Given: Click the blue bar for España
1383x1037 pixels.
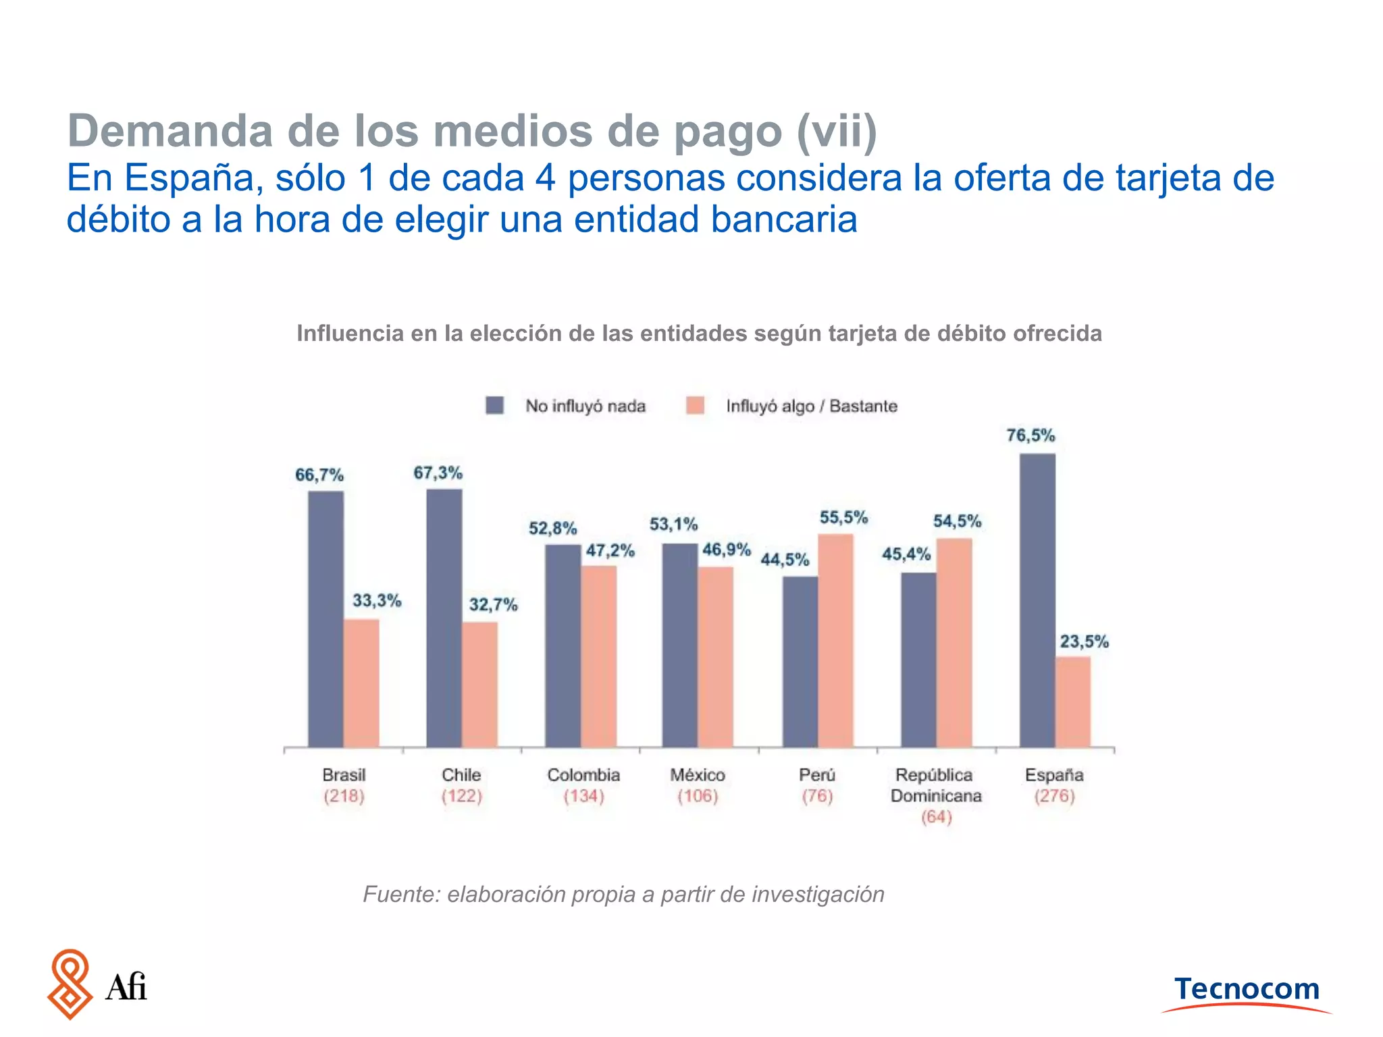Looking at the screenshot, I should point(1037,601).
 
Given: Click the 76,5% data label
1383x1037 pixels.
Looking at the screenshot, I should point(1030,435).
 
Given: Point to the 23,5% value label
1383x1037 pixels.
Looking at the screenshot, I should point(1084,641).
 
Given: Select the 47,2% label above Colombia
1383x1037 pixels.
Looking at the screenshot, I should point(610,551).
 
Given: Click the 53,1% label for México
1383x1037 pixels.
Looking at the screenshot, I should point(673,525).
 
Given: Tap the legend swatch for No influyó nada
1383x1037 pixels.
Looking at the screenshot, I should point(495,406).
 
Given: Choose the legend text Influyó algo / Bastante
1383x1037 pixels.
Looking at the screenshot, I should point(811,406).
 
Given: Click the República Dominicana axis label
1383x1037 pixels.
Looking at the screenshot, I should point(935,785).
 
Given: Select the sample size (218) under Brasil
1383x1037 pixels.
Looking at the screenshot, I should point(344,796).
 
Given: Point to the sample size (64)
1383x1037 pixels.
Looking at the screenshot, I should point(936,817).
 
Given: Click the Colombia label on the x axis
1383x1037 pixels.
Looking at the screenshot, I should point(583,775).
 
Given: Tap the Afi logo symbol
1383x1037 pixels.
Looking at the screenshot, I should point(70,984).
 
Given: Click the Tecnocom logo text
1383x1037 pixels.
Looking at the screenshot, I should point(1247,989).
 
